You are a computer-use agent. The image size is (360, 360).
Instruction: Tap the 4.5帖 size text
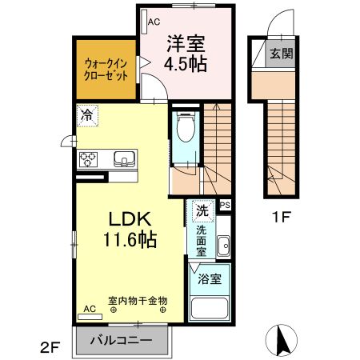[186, 64]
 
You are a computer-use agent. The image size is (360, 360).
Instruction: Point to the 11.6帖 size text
[126, 238]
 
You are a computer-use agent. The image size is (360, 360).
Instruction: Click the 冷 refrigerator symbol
[86, 114]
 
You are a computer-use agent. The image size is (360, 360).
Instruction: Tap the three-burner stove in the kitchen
[88, 158]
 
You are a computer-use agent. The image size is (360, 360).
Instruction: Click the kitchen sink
[124, 157]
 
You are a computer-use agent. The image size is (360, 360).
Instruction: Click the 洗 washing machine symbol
[202, 212]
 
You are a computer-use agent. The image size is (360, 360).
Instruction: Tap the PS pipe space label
[225, 205]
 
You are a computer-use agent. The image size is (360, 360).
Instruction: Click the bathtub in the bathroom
[212, 310]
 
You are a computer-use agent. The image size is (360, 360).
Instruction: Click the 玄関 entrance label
[281, 54]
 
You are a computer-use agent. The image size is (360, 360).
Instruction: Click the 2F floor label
[50, 347]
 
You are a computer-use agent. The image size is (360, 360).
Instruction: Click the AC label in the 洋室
[154, 22]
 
